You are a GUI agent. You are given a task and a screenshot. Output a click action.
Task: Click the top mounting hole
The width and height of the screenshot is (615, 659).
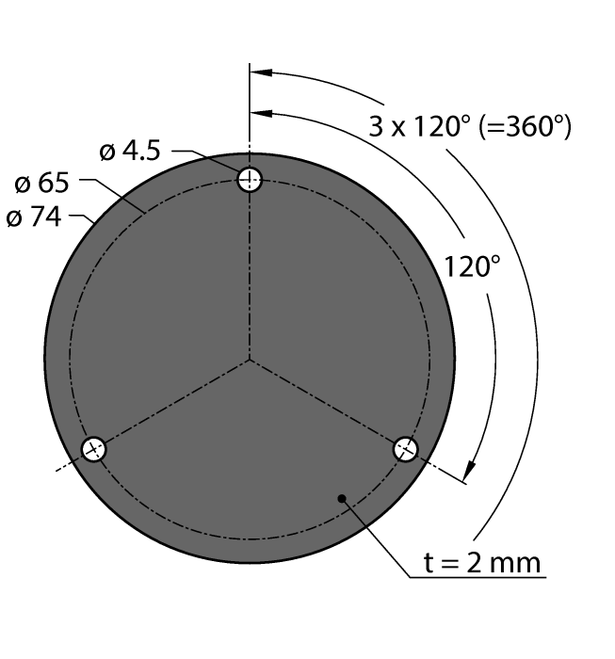[x=250, y=180]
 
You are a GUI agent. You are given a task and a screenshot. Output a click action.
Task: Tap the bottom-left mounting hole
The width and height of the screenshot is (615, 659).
[x=93, y=449]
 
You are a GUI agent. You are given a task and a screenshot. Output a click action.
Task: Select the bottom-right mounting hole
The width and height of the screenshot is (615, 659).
[x=406, y=449]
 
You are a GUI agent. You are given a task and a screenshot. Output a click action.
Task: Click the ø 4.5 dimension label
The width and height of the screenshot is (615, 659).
[x=130, y=151]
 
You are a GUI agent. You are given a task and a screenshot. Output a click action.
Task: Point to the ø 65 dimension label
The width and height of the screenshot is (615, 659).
[x=41, y=184]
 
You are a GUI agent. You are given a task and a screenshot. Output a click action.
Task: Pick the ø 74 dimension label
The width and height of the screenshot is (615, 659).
[x=34, y=217]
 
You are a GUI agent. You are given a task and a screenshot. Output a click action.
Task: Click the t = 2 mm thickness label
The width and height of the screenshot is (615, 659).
[x=482, y=563]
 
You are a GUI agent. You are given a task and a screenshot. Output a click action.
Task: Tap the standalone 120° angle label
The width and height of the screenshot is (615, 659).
[x=472, y=266]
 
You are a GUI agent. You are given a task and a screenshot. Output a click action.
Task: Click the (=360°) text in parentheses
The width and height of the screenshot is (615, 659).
[x=525, y=126]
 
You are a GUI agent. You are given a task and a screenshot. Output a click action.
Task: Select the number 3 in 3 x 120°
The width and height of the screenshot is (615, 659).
[x=376, y=126]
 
